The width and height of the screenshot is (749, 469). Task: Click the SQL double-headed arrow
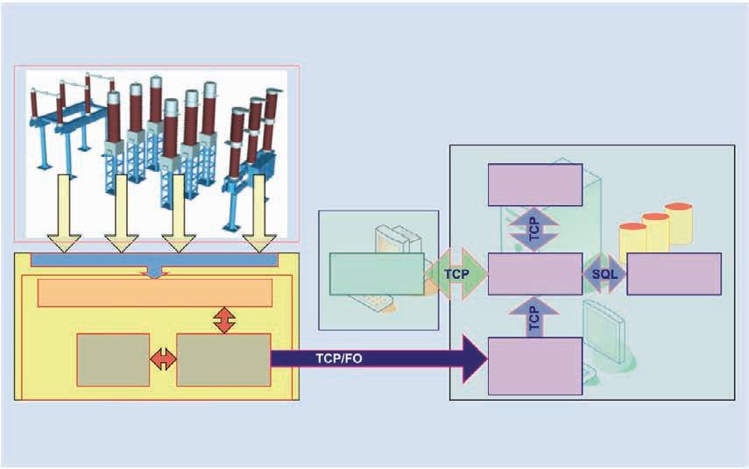coord(604,274)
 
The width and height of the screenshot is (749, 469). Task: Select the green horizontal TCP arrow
coord(456,274)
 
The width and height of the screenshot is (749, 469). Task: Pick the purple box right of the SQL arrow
coord(674,274)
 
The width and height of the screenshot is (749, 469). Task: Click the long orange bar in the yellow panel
coord(154,293)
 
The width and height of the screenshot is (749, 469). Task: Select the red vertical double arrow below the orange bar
coord(225,320)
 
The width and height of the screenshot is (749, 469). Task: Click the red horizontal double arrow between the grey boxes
coord(163,359)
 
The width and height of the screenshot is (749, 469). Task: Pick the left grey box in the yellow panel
coord(113,359)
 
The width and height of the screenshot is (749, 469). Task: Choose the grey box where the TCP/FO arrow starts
coord(223,359)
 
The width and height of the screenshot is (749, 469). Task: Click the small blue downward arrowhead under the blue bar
coord(155,273)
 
